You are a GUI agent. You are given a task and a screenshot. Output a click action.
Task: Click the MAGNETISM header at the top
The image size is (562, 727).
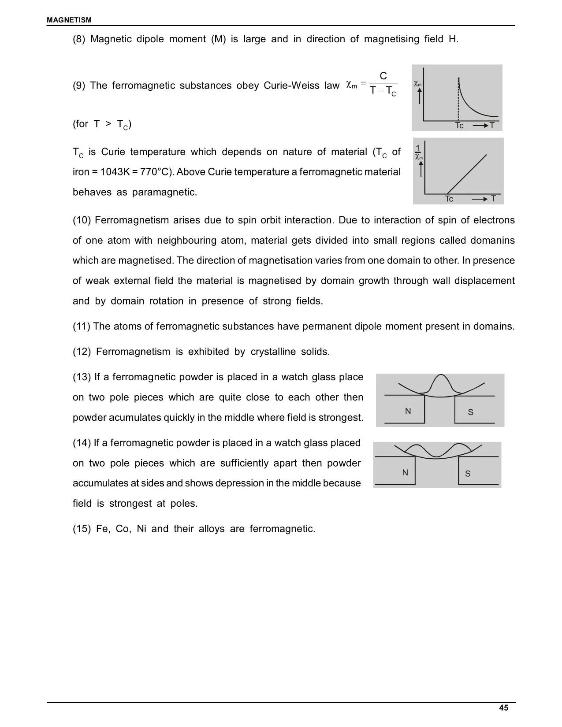click(69, 20)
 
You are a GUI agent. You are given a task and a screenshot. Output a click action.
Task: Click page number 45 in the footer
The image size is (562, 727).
click(503, 708)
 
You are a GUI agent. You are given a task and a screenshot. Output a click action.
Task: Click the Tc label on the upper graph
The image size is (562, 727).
click(459, 126)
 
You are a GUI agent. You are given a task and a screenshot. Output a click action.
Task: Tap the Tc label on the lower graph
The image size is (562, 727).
click(449, 199)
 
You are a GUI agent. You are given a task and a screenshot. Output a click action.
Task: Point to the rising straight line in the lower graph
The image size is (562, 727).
click(467, 174)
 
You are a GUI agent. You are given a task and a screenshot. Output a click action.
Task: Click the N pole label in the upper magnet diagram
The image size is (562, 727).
click(408, 411)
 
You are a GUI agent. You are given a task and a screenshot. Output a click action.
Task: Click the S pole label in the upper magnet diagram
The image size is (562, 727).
click(470, 412)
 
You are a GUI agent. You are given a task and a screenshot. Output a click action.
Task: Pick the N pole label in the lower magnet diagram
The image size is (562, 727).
click(405, 473)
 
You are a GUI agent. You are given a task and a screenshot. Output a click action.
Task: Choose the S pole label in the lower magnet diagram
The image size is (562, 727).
click(468, 474)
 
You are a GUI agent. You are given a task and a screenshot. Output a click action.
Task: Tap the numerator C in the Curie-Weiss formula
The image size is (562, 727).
click(383, 76)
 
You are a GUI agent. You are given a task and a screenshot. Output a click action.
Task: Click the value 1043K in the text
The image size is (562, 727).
click(115, 172)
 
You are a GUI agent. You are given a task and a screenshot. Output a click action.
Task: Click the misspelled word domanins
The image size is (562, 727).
click(492, 241)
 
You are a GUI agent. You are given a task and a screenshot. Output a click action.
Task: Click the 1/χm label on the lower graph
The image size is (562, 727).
click(418, 152)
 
